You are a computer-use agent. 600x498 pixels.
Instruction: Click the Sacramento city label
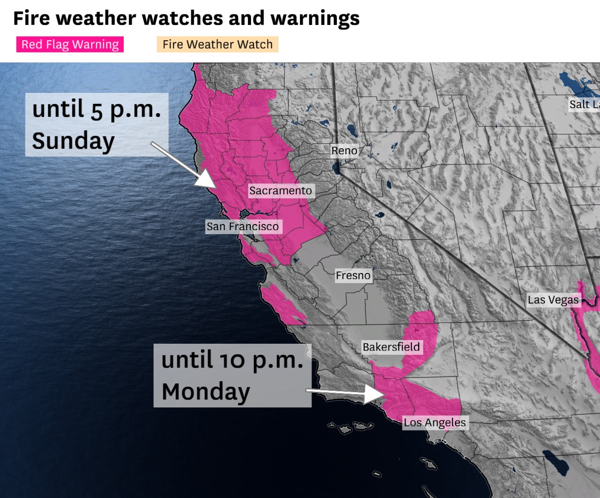[281, 191]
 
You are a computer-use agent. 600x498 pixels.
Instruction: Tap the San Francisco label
[243, 226]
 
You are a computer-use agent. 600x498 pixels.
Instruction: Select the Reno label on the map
[344, 151]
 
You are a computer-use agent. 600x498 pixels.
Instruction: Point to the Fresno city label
[353, 275]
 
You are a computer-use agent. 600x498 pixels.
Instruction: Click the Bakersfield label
[391, 347]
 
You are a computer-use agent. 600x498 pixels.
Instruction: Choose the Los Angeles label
[435, 422]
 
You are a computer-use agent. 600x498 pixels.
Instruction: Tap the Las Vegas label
[553, 300]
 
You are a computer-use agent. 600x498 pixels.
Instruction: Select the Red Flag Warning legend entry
[70, 44]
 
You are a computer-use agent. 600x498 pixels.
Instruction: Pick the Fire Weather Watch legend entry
[217, 44]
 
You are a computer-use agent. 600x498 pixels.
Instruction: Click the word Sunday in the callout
[73, 141]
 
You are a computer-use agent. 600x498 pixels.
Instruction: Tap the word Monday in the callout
[206, 392]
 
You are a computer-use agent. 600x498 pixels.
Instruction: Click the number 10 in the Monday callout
[232, 360]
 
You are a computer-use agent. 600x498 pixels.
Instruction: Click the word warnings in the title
[315, 18]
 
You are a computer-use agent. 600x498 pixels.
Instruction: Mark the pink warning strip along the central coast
[282, 303]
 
